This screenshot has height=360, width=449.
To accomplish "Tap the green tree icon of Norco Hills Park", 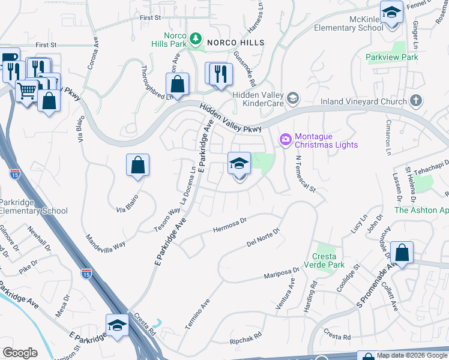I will pos(195,40).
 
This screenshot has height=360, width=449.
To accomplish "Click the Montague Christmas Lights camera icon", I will pos(285,140).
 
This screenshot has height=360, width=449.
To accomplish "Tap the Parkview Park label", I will pos(392,57).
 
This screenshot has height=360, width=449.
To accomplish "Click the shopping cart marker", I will pos(26,92).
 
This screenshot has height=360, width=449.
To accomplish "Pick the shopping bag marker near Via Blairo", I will pos(137,166).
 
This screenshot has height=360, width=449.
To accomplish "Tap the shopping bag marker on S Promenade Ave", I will pos(402,253).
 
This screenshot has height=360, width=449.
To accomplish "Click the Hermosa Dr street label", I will pos(230,226).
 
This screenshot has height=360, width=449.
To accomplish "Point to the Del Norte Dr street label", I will pos(264,238).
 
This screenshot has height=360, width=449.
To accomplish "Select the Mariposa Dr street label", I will pos(283,274).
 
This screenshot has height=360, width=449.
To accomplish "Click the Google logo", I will pos(20,352).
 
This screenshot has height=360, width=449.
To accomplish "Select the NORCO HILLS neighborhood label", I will pos(236,42).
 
